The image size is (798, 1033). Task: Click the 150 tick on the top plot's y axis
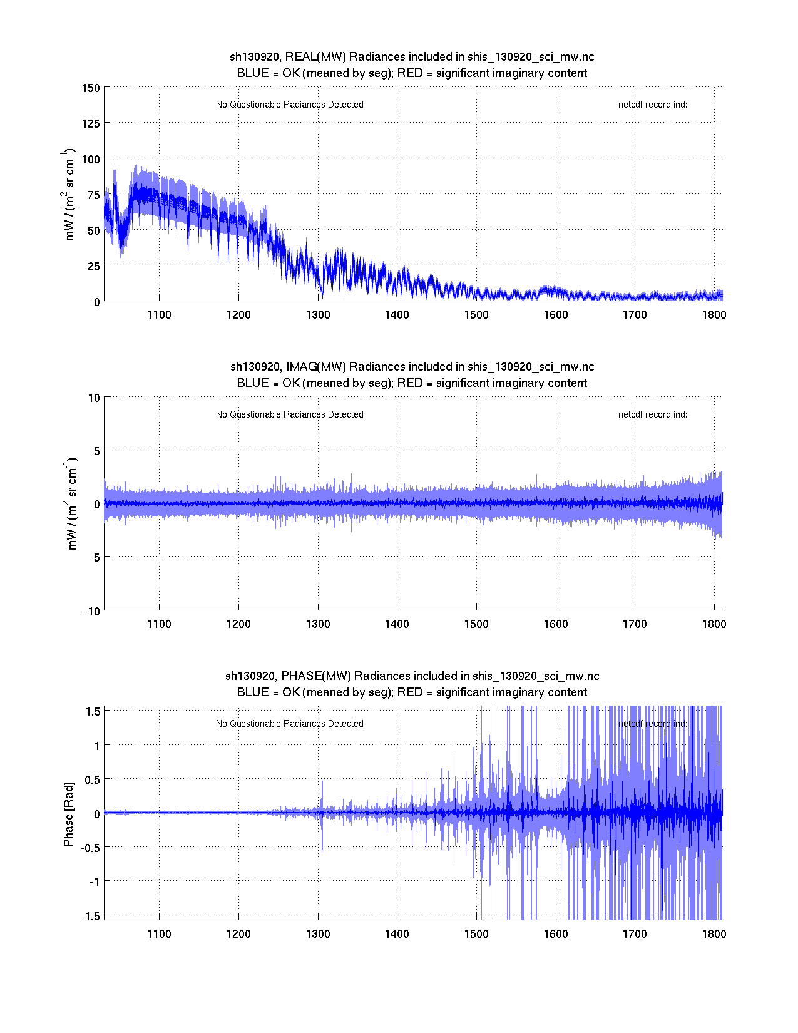91,88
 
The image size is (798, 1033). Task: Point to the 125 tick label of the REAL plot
91,123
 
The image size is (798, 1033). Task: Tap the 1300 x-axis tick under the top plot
318,314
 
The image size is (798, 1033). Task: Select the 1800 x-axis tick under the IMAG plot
714,624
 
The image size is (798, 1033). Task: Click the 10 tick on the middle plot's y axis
94,398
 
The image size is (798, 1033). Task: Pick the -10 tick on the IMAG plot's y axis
91,611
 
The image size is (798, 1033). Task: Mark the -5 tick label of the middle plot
93,557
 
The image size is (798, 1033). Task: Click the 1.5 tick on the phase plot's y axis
93,711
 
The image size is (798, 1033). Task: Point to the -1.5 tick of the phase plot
91,915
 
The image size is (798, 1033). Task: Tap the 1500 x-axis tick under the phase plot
476,933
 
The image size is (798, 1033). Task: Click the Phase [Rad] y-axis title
69,814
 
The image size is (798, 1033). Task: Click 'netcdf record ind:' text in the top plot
652,105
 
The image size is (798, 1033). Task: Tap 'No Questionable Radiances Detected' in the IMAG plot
289,414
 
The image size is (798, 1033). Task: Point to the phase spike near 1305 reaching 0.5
322,783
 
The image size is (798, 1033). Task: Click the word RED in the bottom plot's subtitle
410,692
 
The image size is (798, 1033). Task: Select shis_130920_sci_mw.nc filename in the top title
531,57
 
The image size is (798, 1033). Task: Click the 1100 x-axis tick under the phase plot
159,933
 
